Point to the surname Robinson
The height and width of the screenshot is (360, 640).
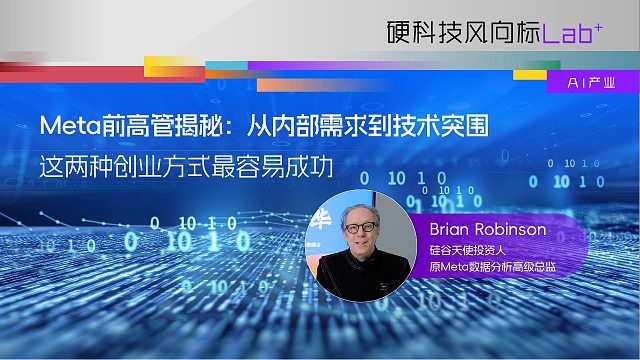tap(513, 229)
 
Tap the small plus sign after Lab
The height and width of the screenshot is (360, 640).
tap(598, 24)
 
